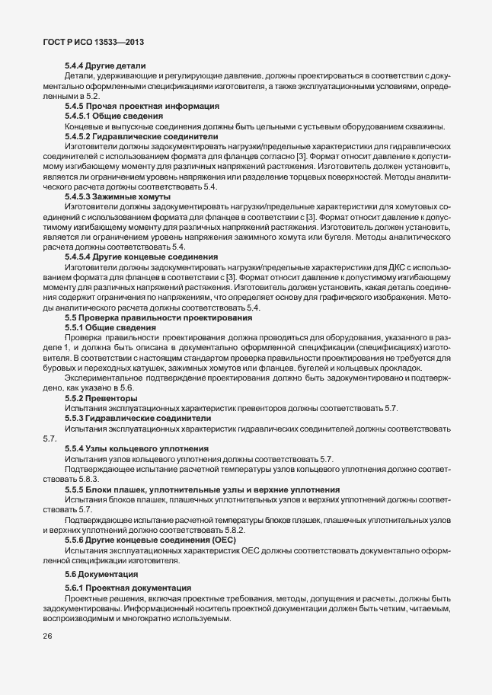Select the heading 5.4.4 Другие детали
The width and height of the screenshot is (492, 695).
pyautogui.click(x=105, y=66)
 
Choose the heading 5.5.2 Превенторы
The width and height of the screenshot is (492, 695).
pyautogui.click(x=101, y=397)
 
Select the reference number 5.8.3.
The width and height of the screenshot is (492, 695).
pyautogui.click(x=89, y=478)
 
